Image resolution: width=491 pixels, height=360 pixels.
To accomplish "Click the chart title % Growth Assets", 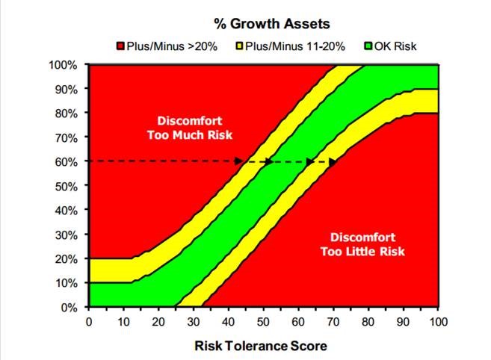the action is click(272, 24).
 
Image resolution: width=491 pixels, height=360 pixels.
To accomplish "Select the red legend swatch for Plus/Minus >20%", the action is click(120, 46).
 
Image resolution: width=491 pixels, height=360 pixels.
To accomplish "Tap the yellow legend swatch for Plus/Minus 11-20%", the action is click(240, 46).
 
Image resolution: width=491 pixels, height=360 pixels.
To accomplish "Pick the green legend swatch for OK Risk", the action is click(368, 46).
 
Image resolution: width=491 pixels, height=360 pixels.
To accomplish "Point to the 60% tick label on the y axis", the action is click(67, 162).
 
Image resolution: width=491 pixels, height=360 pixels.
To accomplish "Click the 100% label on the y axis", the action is click(63, 65).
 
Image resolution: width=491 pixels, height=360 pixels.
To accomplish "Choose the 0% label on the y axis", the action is click(70, 308).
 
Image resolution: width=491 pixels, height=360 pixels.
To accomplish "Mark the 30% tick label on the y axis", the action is click(67, 235).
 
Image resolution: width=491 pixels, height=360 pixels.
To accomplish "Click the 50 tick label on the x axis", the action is click(263, 322).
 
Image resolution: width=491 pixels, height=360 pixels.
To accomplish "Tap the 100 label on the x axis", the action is click(439, 322).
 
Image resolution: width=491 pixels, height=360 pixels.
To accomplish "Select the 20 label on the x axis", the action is click(158, 322).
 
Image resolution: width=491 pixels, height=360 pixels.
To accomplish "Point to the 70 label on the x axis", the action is click(333, 322).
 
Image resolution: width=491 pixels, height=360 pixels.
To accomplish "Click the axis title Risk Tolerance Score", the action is click(261, 346).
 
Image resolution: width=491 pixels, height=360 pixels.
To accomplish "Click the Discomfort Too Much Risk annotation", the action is click(190, 128).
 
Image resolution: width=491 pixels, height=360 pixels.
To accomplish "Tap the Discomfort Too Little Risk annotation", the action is click(362, 244).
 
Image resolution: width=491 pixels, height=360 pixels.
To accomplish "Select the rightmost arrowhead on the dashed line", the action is click(333, 162).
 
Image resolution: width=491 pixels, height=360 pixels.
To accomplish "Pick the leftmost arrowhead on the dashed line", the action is click(239, 161).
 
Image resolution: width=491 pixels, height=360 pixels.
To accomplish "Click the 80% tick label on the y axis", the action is click(67, 114).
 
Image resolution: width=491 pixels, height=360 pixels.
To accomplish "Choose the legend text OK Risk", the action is click(395, 46).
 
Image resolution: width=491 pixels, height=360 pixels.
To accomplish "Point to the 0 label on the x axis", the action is click(89, 322).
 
